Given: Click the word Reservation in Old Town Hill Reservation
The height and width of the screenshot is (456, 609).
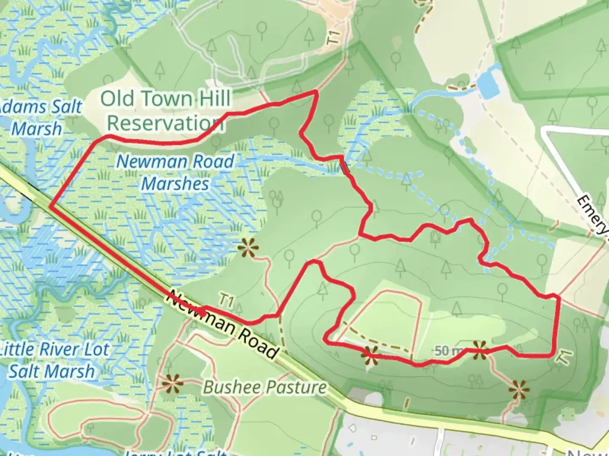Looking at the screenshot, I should coord(165,123).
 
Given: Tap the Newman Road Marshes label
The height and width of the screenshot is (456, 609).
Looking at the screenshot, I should coord(175,172).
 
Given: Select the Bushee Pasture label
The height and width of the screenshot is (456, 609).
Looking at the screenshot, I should coord(265,387).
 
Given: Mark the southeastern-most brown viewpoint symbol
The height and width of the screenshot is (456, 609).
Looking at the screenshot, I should coord(519,389).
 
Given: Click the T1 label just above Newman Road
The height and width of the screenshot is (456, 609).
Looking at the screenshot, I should coord(227,301).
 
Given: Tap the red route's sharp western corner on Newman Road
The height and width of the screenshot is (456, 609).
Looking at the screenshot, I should coord(51,206).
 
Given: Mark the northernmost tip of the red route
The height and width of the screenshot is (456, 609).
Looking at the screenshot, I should coord(315,91).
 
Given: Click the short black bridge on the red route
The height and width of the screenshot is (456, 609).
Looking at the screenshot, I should coord(345,168).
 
